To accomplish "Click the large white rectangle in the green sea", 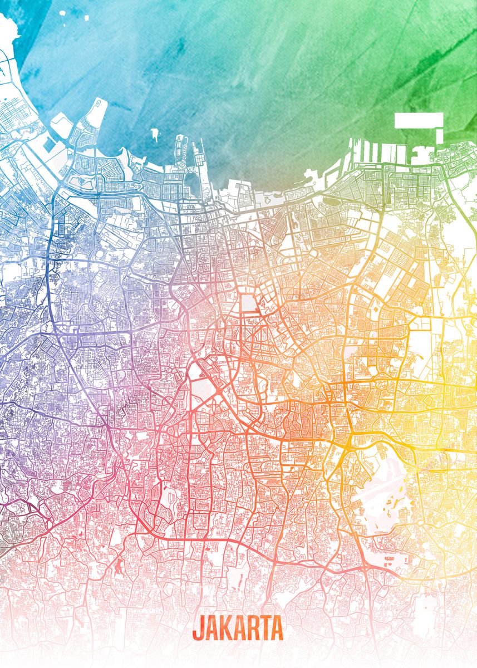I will click(x=419, y=120).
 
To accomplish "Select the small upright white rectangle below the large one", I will click(x=440, y=135).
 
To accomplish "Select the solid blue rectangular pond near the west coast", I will click(x=49, y=145).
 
